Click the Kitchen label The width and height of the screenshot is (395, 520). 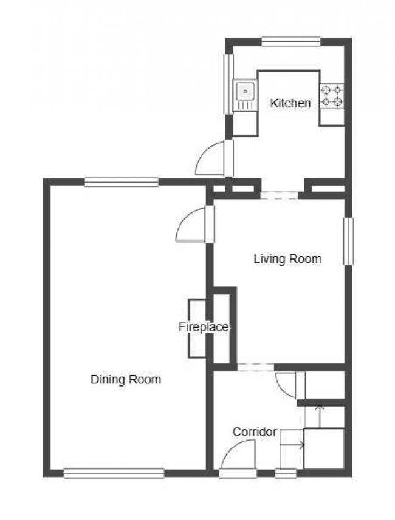point(290,103)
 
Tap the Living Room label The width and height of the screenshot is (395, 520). point(287,258)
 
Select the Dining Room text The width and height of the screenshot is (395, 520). point(126,379)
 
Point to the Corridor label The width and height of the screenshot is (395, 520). point(255,432)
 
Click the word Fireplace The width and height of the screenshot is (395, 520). point(204,327)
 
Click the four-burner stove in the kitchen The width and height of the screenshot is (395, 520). point(332,95)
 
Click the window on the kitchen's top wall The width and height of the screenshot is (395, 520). point(290,41)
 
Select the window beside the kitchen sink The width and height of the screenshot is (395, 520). point(228,84)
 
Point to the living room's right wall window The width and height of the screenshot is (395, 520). point(348,241)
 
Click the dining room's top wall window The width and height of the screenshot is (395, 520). point(122,182)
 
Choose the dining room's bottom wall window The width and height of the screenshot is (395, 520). point(114,473)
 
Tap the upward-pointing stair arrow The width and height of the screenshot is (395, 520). point(320,416)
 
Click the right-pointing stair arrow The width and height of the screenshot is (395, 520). point(293,444)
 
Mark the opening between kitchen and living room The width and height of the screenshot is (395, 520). point(279,195)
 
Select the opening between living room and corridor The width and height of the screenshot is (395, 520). point(256,367)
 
